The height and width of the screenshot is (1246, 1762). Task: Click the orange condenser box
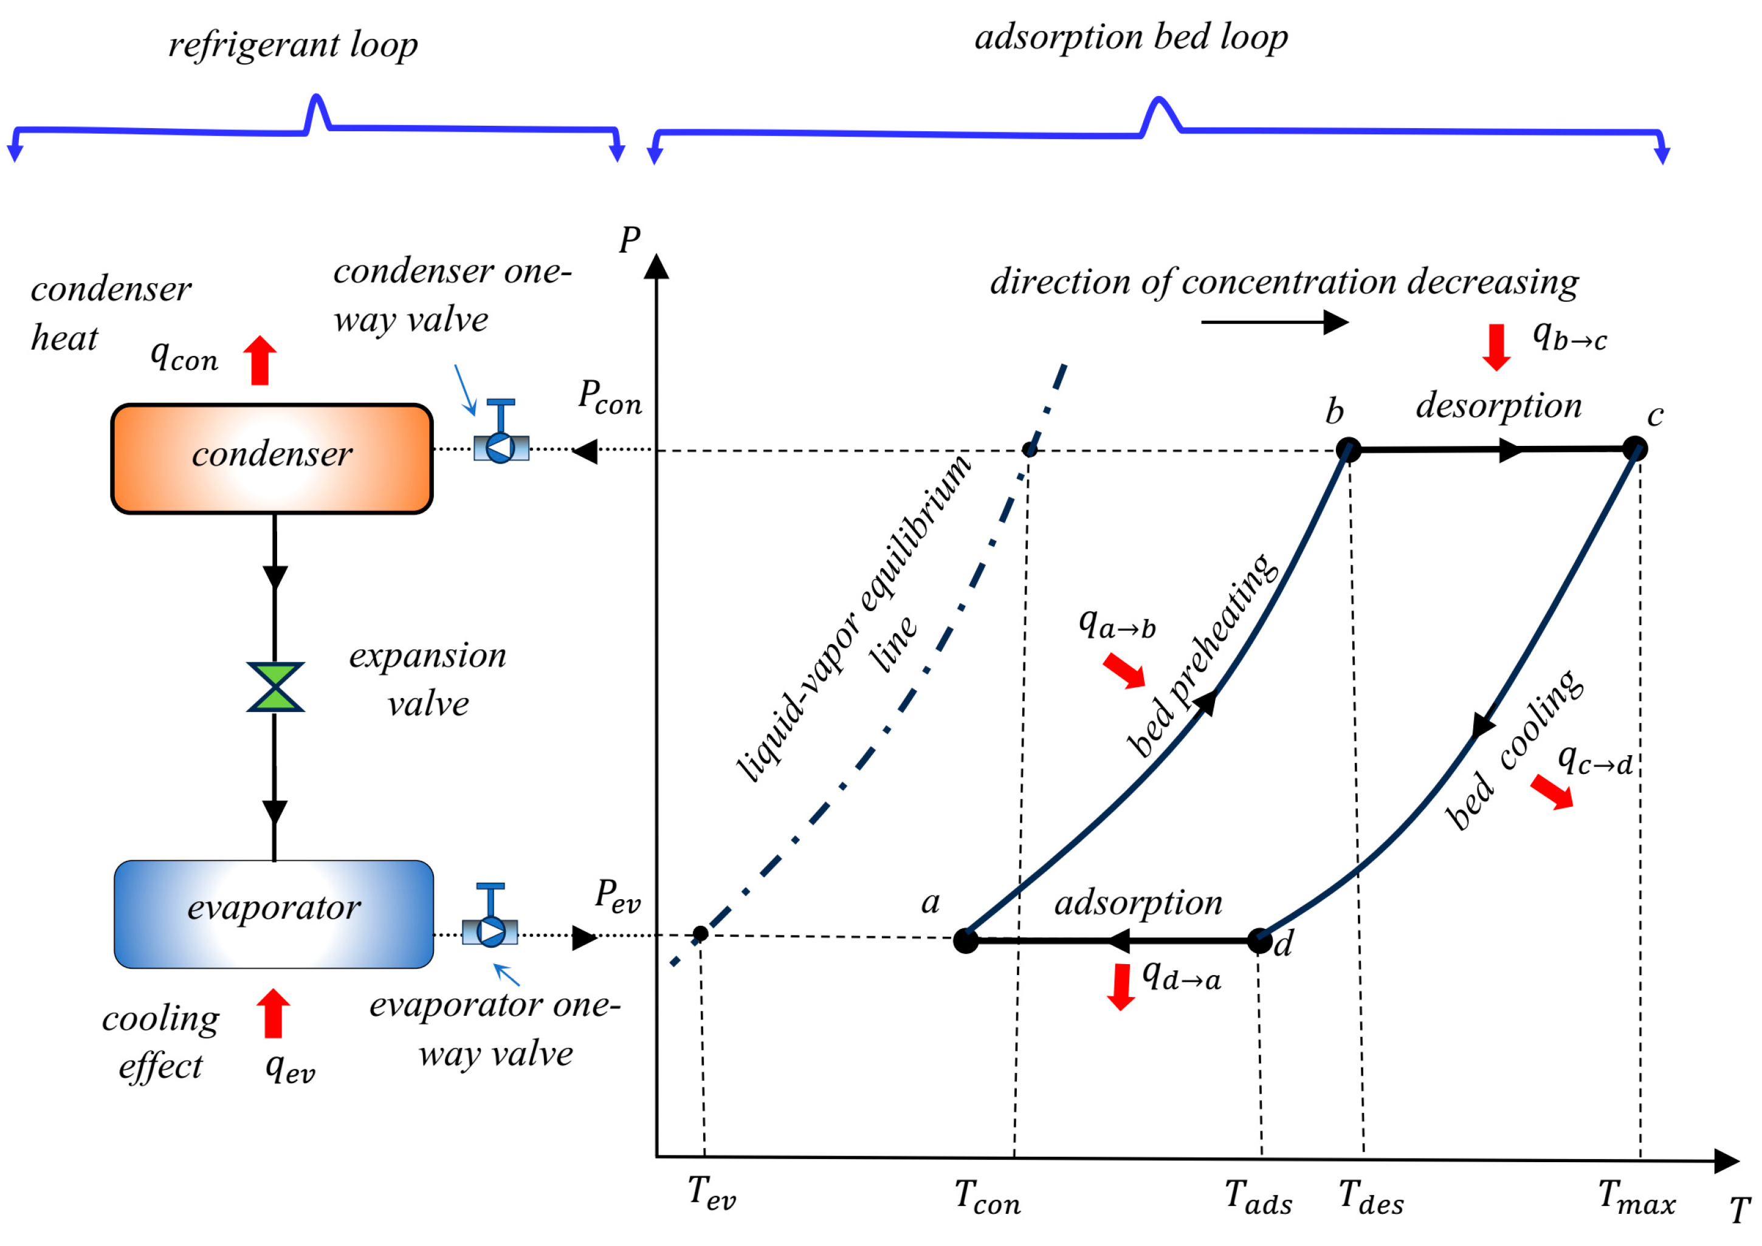pyautogui.click(x=272, y=458)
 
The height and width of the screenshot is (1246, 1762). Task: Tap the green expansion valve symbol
pyautogui.click(x=275, y=688)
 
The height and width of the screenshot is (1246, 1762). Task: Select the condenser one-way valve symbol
pyautogui.click(x=500, y=443)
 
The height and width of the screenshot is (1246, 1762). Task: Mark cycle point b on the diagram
pyautogui.click(x=1348, y=450)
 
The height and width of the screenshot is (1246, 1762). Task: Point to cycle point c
pyautogui.click(x=1634, y=448)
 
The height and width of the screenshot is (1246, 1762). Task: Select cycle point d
pyautogui.click(x=1259, y=940)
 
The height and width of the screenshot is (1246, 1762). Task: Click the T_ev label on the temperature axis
pyautogui.click(x=711, y=1193)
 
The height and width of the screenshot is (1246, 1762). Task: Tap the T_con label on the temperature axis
pyautogui.click(x=987, y=1197)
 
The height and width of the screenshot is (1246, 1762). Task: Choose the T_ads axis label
pyautogui.click(x=1258, y=1197)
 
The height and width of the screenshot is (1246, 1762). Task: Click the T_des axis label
pyautogui.click(x=1371, y=1197)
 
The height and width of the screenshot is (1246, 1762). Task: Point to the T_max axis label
pyautogui.click(x=1636, y=1197)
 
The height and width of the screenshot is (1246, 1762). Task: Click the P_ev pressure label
pyautogui.click(x=617, y=895)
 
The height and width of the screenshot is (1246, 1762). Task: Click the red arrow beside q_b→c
pyautogui.click(x=1496, y=347)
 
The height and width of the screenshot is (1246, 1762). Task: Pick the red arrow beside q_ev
pyautogui.click(x=273, y=1013)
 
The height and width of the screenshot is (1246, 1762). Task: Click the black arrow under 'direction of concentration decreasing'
pyautogui.click(x=1274, y=322)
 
